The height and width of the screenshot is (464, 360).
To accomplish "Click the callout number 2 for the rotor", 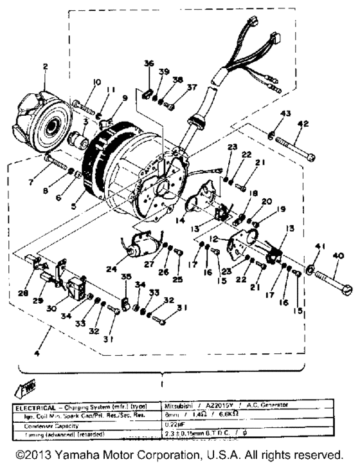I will coord(45,67).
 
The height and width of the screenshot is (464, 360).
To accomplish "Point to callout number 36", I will coord(148,63).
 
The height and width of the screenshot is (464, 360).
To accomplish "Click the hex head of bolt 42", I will coord(310,157).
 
